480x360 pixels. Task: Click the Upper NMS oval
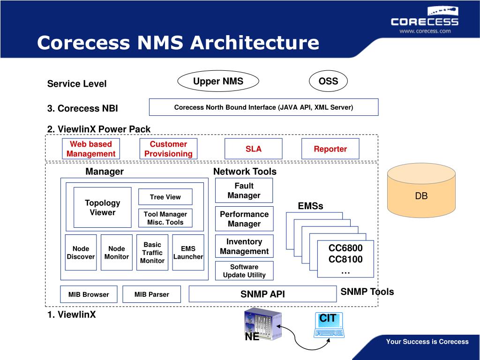(218, 82)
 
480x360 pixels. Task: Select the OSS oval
(328, 82)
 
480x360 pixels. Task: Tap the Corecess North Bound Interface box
(263, 107)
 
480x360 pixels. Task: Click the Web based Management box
(90, 149)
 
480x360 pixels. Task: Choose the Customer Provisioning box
(168, 149)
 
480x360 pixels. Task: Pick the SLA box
(254, 149)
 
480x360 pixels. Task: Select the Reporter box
(330, 149)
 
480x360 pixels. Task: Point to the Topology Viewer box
(102, 208)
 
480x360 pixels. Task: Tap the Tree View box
(165, 197)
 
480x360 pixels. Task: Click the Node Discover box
(81, 253)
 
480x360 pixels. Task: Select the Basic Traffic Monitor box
(152, 253)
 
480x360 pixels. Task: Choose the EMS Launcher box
(188, 253)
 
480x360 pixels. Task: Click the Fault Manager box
(244, 191)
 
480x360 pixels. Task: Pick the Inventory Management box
(244, 247)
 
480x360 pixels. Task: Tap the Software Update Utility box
(244, 271)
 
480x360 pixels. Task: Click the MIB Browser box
(88, 294)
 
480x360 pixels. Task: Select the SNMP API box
(262, 294)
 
